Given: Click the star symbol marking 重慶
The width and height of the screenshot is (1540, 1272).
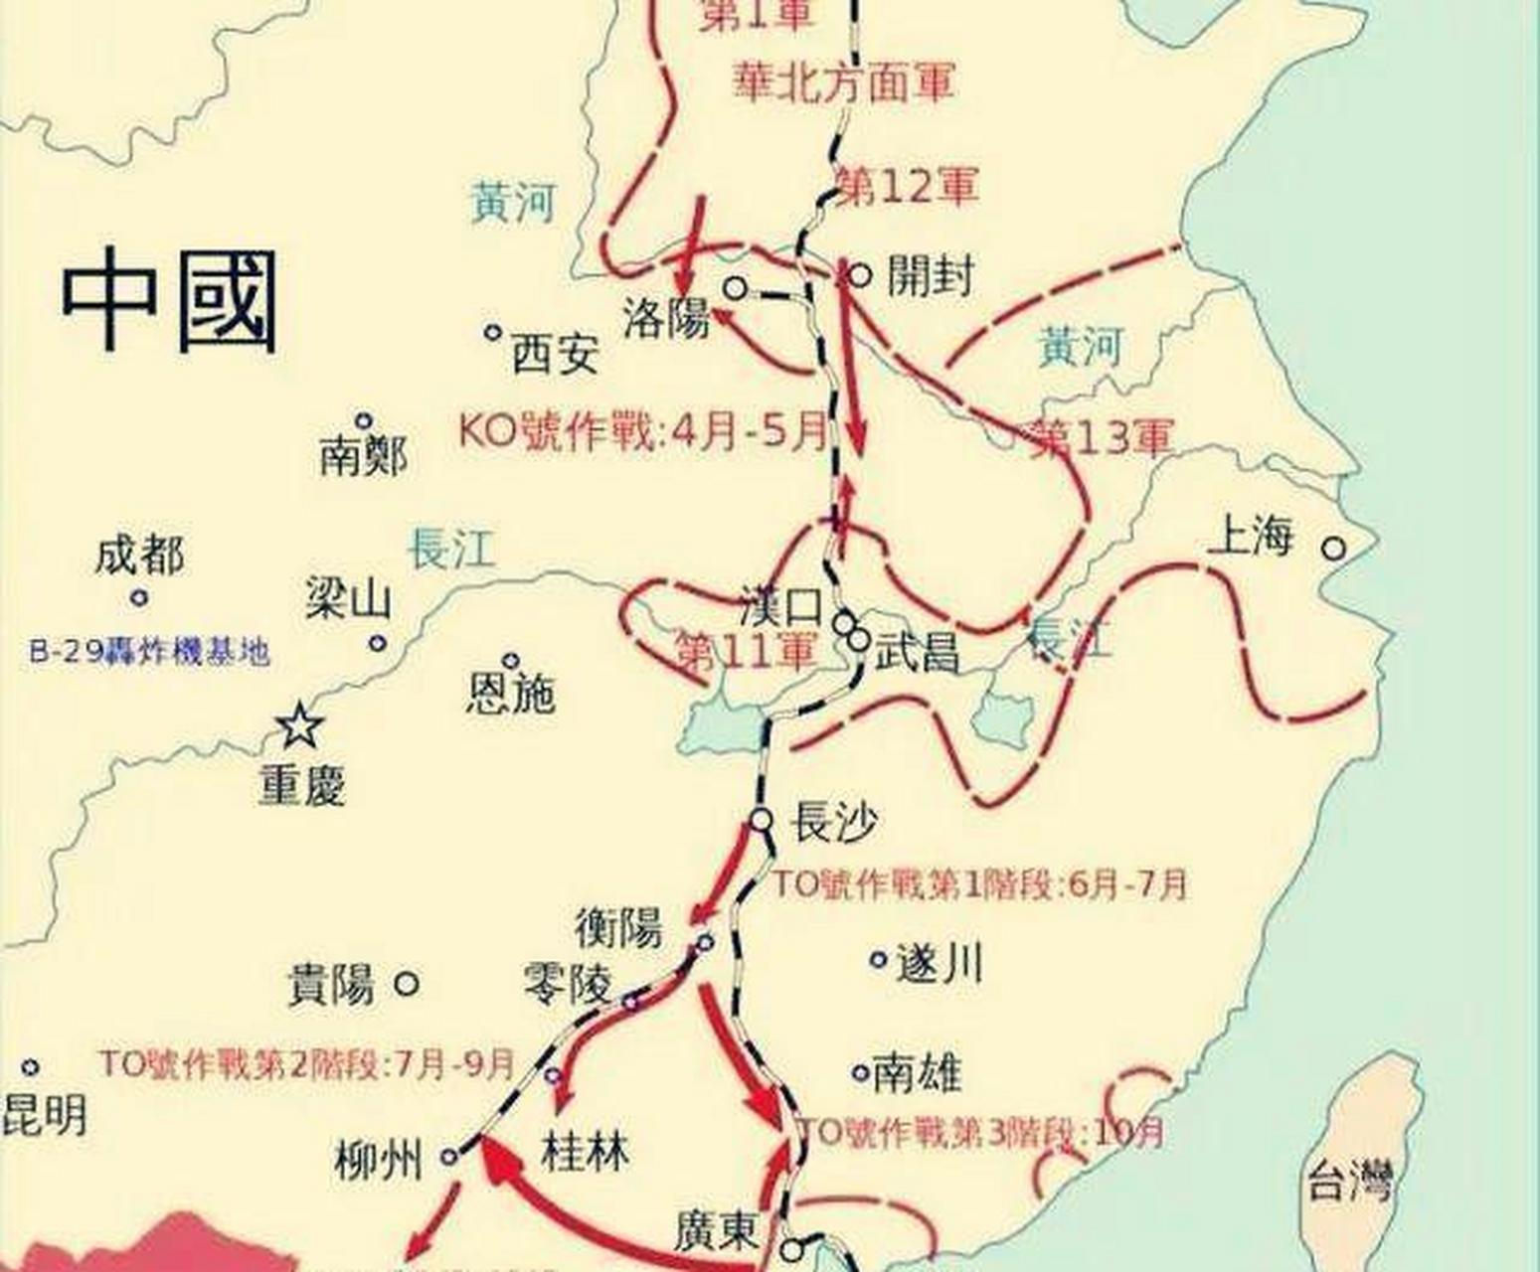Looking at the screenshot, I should [x=298, y=726].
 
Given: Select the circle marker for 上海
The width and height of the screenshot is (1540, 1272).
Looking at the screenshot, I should [x=1333, y=548].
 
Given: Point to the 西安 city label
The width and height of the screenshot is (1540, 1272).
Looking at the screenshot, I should [x=555, y=353].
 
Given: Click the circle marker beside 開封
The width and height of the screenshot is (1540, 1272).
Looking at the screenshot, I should [x=860, y=275].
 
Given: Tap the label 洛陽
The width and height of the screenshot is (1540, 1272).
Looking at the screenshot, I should [x=666, y=320].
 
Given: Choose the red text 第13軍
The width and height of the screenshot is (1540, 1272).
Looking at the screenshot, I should [x=1102, y=435].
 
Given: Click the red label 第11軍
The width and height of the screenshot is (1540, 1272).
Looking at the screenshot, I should [x=745, y=651].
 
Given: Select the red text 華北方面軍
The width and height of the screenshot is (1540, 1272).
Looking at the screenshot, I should [x=844, y=81].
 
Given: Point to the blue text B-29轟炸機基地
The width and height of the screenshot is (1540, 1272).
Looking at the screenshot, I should [x=149, y=653].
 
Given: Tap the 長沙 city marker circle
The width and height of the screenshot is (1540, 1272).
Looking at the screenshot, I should [x=761, y=820].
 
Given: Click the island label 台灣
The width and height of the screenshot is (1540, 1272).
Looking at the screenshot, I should [x=1350, y=1183].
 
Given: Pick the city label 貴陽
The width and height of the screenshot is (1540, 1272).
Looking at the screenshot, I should [x=331, y=985].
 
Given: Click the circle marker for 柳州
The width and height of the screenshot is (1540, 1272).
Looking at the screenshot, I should [x=449, y=1157].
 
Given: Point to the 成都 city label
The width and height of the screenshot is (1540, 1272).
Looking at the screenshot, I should [x=139, y=556].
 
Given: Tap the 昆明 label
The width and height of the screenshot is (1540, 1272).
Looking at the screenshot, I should [x=44, y=1116].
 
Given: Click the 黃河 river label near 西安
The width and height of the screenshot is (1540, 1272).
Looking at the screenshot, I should [x=512, y=203].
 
